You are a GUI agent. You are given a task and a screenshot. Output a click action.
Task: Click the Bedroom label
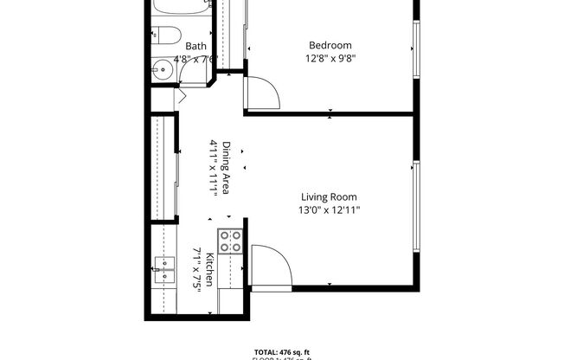331,45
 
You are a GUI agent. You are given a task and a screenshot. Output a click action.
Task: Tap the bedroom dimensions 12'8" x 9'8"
331,59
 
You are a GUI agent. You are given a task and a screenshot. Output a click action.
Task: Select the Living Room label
329,196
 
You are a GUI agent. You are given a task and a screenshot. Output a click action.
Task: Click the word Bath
195,46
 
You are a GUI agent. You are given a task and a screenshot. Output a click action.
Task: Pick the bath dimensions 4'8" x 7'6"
195,59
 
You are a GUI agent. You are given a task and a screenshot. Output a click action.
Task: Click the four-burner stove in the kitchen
230,241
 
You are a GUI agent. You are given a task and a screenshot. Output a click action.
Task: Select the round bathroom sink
163,69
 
